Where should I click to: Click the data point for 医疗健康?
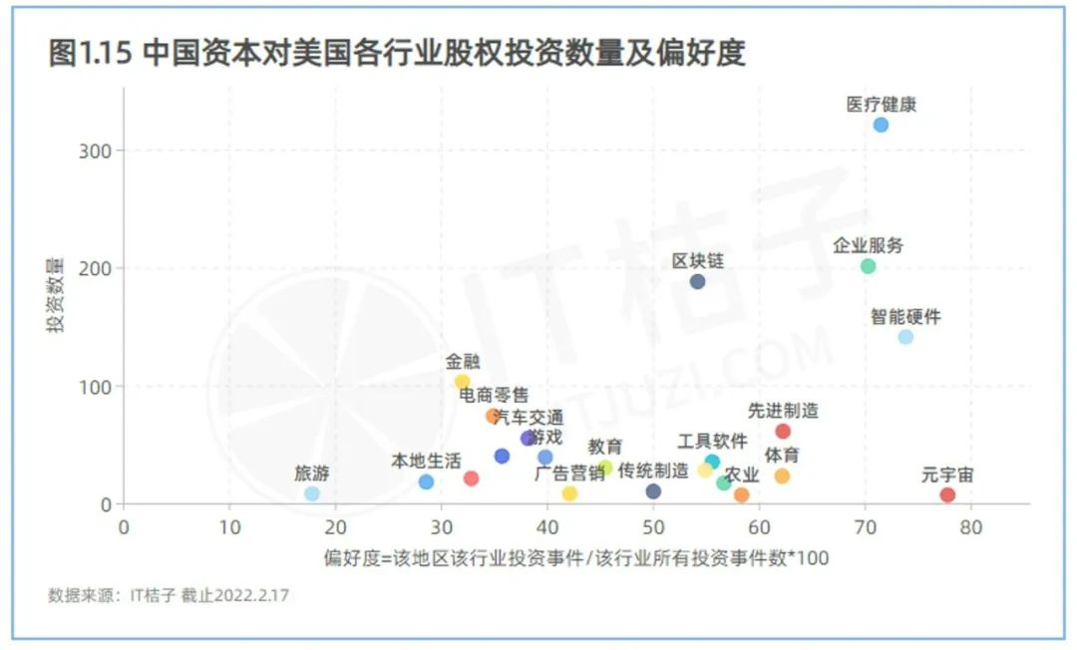881,125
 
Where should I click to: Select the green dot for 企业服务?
868,266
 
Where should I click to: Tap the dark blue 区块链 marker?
697,281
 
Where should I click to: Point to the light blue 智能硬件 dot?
905,337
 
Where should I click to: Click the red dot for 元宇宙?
947,494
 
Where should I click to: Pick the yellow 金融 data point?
462,382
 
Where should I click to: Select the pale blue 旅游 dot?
312,493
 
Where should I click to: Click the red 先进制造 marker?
783,432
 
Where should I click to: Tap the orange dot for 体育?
782,477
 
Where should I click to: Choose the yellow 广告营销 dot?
569,493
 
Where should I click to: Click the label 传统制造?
653,471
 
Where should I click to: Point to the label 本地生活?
426,461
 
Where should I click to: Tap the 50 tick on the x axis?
653,525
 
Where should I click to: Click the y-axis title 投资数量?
57,295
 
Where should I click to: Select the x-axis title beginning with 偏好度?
575,557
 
